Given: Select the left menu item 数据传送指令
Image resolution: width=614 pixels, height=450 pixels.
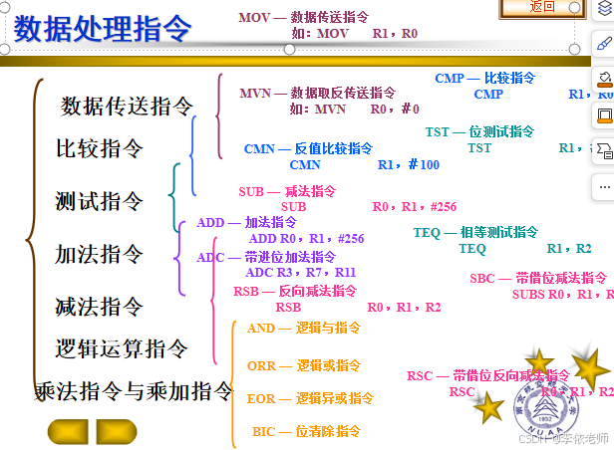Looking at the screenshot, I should click(127, 106).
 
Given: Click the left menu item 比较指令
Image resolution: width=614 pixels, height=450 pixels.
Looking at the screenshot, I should click(100, 149).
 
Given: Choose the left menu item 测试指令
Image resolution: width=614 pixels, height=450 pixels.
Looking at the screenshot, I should click(99, 201).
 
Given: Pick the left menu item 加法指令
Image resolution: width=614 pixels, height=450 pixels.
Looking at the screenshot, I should click(99, 254).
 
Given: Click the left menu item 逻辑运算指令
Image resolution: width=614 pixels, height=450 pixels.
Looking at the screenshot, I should click(122, 348).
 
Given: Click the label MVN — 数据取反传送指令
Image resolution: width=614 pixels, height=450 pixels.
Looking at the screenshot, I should click(317, 93).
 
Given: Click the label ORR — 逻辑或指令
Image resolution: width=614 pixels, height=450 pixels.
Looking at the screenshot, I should click(297, 365).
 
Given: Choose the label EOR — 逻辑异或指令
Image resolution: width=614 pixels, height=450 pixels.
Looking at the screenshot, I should click(310, 398).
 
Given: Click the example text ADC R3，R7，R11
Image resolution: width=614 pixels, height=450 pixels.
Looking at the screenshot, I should click(300, 272).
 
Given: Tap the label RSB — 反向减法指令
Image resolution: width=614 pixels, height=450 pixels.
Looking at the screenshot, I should click(294, 291).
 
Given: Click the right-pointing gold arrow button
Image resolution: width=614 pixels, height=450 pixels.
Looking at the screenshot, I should click(117, 432).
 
